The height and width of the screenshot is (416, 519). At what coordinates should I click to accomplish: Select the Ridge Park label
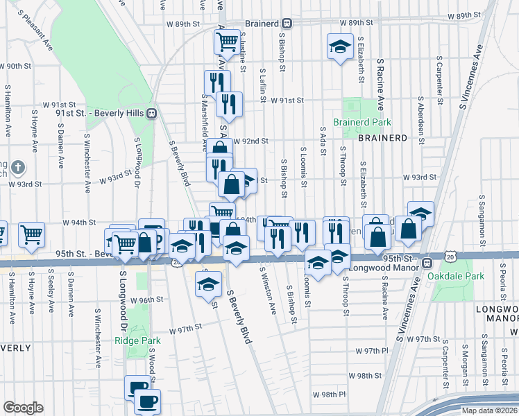(x=137, y=340)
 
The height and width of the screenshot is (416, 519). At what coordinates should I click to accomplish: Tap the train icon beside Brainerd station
(x=287, y=24)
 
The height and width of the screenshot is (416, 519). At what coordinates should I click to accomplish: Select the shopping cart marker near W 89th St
(x=228, y=42)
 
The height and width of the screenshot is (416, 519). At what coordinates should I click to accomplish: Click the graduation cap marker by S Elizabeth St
(x=339, y=46)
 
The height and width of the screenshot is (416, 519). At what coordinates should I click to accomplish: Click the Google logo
(x=23, y=407)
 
